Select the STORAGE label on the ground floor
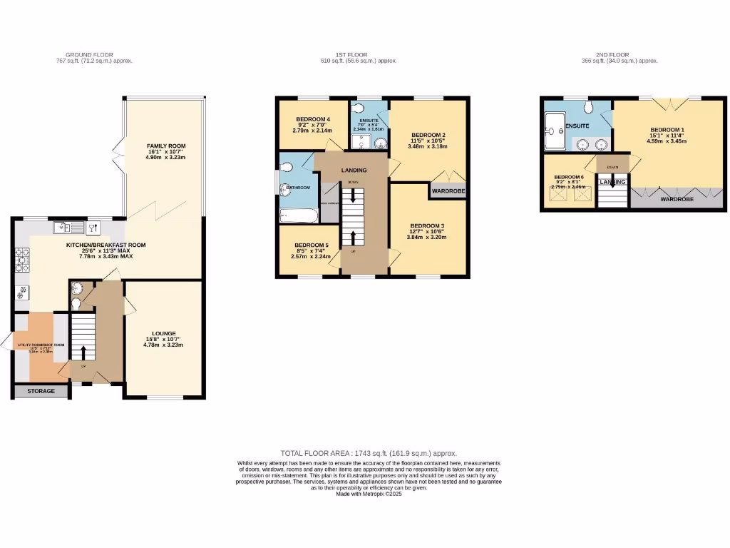(41, 391)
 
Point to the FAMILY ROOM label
(165, 146)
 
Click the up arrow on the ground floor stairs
(83, 352)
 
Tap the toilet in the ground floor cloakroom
(76, 304)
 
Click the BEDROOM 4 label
(313, 118)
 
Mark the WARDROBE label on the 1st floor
(448, 191)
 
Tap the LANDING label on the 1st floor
(354, 171)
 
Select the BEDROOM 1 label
(667, 130)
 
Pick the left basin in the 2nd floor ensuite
(582, 144)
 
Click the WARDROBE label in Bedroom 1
(676, 199)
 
